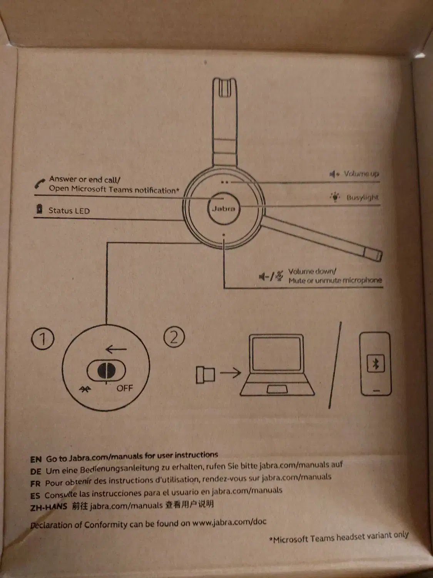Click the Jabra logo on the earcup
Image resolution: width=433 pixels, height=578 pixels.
tap(224, 208)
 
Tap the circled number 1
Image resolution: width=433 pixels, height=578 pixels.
tap(42, 339)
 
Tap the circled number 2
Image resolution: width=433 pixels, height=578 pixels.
tap(174, 337)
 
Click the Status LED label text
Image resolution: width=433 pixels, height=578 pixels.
tap(69, 211)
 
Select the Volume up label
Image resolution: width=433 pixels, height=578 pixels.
tap(361, 174)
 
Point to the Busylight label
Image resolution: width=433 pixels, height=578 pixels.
tap(362, 198)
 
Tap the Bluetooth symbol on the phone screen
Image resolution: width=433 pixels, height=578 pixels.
tap(376, 363)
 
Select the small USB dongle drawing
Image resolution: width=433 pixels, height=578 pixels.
tap(205, 375)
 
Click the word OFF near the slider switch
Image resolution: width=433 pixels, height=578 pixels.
tap(124, 388)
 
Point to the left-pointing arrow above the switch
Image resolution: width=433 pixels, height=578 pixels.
tap(115, 349)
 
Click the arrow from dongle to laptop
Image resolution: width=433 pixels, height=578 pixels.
tap(231, 373)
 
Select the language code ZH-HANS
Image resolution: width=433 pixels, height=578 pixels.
tap(48, 507)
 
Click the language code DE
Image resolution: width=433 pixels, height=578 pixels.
tap(36, 471)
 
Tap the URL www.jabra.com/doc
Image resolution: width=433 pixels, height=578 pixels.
tap(229, 523)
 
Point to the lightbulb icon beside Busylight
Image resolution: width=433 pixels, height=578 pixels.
tap(335, 197)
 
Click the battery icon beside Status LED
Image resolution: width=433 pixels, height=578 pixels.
tap(39, 209)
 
